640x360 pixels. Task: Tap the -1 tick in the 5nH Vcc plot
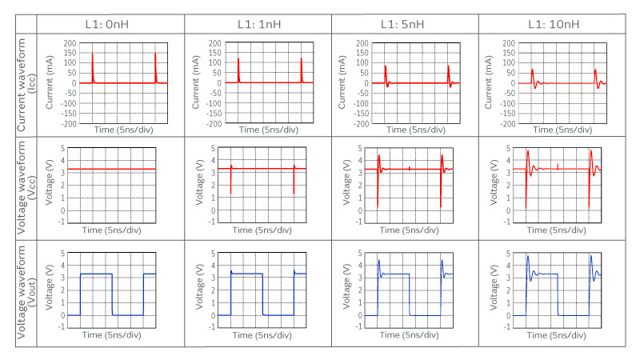point(365,222)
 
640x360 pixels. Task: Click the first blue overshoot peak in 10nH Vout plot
point(528,257)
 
